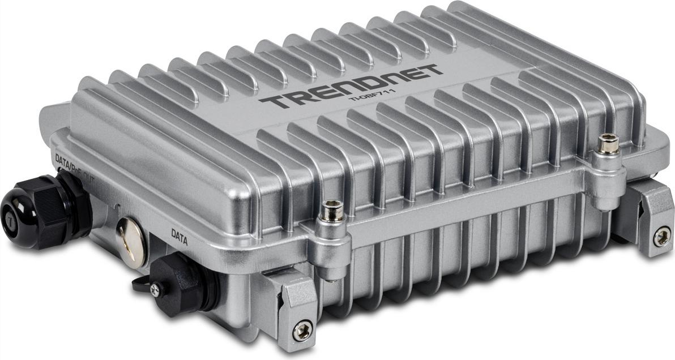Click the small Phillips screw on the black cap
[155, 289]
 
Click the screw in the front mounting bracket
[303, 329]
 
